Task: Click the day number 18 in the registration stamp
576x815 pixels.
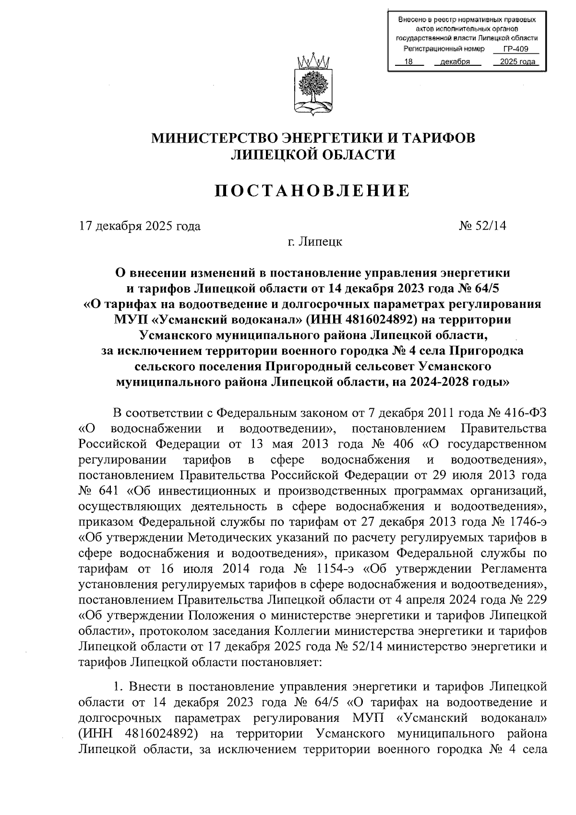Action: [x=408, y=61]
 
